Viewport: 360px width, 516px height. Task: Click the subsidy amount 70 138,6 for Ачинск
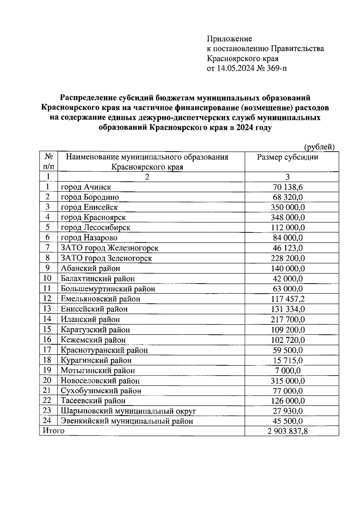click(287, 187)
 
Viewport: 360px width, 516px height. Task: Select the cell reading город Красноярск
click(93, 217)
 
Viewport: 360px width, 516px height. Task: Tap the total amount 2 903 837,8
click(287, 431)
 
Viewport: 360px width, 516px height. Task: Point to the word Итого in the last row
click(53, 431)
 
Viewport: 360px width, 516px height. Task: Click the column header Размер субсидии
click(287, 157)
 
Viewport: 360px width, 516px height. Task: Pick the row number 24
click(47, 421)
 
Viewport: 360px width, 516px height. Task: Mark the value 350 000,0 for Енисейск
click(287, 207)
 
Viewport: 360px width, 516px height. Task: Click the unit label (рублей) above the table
click(319, 147)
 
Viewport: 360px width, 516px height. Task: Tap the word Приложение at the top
click(229, 39)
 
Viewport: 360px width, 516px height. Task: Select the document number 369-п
click(276, 68)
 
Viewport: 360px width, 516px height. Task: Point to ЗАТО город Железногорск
click(109, 248)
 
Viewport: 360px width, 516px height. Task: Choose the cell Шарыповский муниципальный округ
click(128, 411)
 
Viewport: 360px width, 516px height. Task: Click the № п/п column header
click(48, 161)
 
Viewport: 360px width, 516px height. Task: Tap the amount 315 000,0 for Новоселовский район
click(287, 381)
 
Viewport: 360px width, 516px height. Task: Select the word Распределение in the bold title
click(87, 98)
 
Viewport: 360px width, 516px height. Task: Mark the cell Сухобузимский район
click(101, 391)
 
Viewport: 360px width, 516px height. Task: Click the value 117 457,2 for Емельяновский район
click(287, 299)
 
